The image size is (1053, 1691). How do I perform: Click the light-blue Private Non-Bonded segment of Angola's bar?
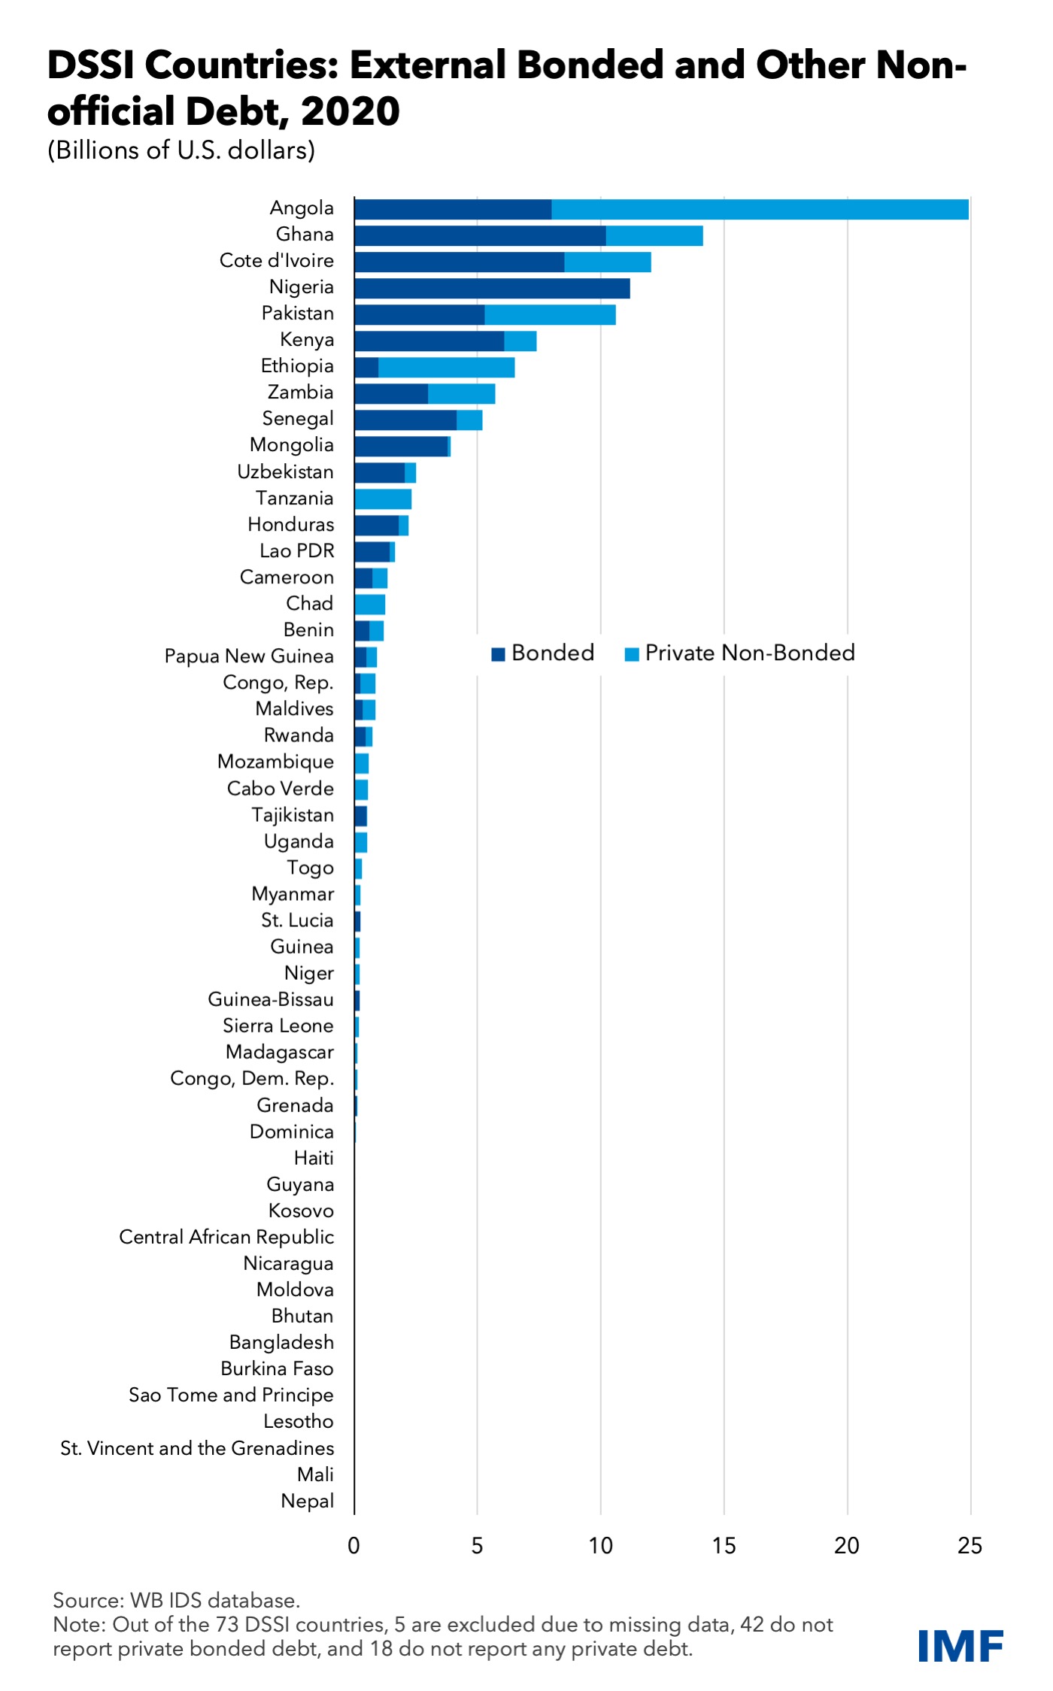(760, 209)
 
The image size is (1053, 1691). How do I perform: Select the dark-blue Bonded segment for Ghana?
(480, 235)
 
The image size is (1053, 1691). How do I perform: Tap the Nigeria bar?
(492, 288)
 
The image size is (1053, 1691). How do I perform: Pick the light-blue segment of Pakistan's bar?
(550, 314)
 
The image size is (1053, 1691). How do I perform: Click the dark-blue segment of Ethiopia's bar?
(366, 367)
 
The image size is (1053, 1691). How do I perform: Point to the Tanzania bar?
(383, 499)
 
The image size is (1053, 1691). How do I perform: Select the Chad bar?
(370, 604)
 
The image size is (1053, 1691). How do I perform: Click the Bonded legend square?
(498, 654)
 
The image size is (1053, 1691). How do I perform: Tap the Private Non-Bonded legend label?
(749, 653)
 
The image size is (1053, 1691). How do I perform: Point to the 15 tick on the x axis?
(724, 1545)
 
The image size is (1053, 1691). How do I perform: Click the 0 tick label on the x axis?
(354, 1545)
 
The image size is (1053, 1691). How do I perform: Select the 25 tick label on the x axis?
(970, 1545)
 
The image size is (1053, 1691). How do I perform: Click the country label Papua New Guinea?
(249, 656)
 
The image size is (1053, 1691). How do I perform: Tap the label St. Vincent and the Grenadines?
(197, 1448)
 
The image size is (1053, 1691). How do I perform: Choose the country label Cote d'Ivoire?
(276, 261)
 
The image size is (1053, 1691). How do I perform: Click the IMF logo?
(960, 1647)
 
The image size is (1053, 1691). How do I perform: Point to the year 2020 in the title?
(350, 111)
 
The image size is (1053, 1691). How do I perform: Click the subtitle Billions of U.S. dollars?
(181, 150)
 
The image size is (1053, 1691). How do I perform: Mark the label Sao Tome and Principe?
(231, 1396)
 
